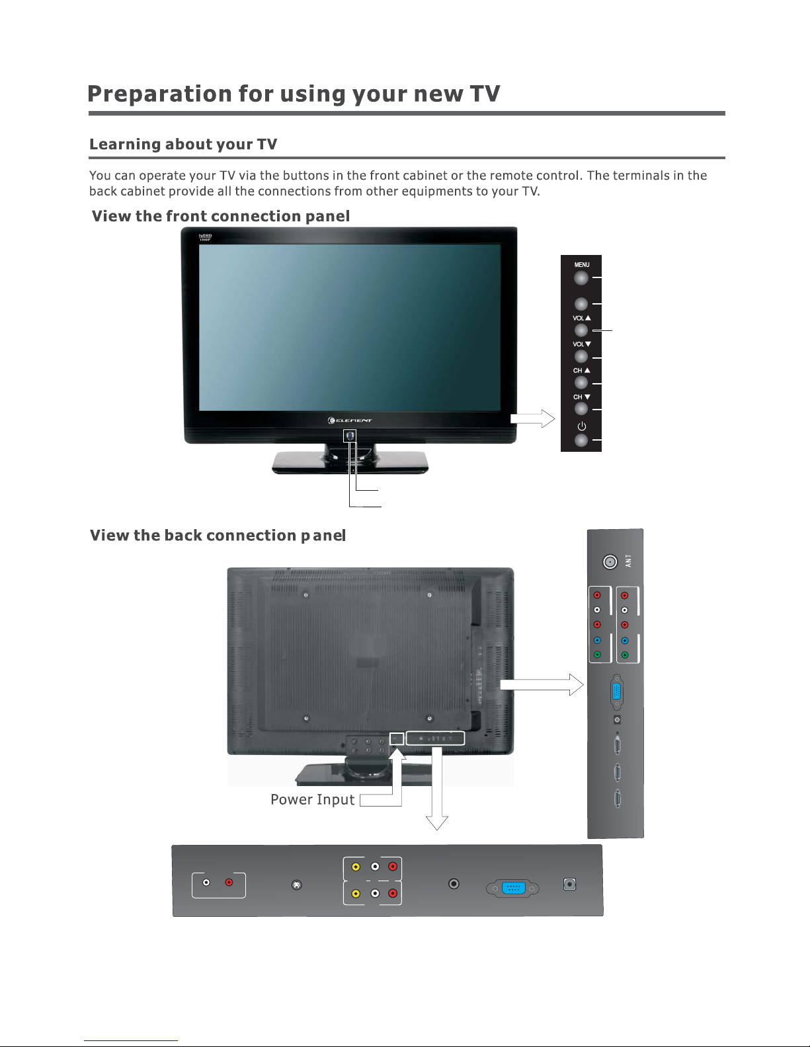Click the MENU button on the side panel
pos(581,278)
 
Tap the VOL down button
pos(581,357)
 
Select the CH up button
pos(581,382)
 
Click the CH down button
pos(581,409)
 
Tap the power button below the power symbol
pos(581,440)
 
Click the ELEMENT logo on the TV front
pos(350,420)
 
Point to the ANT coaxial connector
pos(610,561)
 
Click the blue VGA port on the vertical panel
pos(616,692)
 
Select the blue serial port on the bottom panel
pos(513,888)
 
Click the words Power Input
pos(313,800)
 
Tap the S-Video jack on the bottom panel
pos(297,885)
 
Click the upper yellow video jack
pos(356,867)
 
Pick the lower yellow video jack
pos(356,894)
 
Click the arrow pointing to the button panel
pos(533,419)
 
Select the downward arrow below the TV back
pos(437,793)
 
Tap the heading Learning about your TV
pos(183,144)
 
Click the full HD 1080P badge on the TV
pos(206,236)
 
